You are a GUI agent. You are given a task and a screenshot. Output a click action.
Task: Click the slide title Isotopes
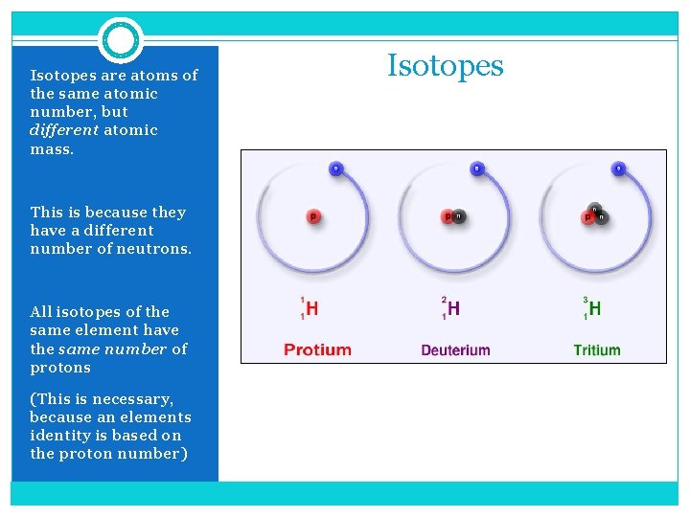click(445, 65)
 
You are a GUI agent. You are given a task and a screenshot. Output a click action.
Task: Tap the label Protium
click(317, 349)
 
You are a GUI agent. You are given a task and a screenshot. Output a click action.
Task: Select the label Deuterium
click(455, 349)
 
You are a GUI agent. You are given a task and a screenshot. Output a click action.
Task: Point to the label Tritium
click(597, 349)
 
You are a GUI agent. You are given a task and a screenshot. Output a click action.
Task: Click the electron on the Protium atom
click(334, 169)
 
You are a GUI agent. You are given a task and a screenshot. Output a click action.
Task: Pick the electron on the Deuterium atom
click(476, 169)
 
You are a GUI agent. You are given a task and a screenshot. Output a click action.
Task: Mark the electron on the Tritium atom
click(618, 169)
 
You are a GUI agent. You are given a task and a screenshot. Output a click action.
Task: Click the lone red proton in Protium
click(312, 216)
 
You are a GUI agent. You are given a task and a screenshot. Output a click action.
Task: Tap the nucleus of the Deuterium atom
click(453, 216)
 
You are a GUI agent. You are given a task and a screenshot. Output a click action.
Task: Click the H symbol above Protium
click(311, 308)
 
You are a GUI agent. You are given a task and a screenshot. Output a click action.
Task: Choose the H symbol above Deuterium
click(453, 308)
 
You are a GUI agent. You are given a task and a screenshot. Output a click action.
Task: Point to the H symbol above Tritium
click(595, 308)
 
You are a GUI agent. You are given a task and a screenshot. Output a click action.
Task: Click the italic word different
click(64, 130)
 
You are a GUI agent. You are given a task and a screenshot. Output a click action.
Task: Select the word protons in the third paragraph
click(59, 368)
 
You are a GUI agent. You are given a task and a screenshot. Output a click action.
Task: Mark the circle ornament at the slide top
click(121, 40)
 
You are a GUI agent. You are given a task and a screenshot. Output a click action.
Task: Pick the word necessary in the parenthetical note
click(130, 399)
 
